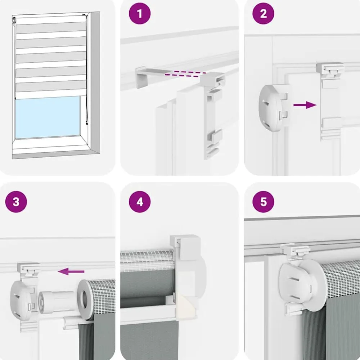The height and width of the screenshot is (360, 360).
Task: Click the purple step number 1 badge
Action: pos(140,14)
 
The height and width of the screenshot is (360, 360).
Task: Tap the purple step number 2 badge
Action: pos(263,14)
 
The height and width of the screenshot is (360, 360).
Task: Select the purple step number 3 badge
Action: pos(16,202)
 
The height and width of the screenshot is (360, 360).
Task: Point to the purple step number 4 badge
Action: pos(140,202)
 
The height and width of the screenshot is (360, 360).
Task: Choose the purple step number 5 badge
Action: pos(263,202)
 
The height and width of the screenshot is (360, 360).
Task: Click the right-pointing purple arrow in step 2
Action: pos(305,105)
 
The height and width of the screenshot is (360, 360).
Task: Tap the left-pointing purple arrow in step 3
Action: pos(71,271)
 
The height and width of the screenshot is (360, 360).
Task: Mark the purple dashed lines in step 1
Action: pos(185,74)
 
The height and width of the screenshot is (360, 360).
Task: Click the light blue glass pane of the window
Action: pos(48,117)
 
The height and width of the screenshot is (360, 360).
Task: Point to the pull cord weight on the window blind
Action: pos(87,124)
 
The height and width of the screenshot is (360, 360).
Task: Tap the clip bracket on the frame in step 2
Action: pos(330,100)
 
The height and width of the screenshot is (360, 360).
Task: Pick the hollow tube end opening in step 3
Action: pos(85,300)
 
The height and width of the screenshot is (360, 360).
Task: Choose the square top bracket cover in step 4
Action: pos(185,248)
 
